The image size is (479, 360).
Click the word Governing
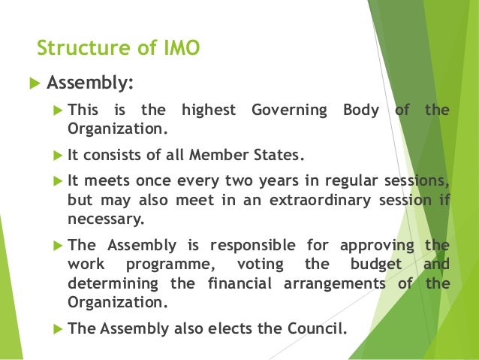(x=289, y=110)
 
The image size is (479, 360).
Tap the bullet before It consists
(x=59, y=156)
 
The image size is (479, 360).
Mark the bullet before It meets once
(x=59, y=182)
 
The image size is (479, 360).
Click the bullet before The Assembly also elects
(x=59, y=328)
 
